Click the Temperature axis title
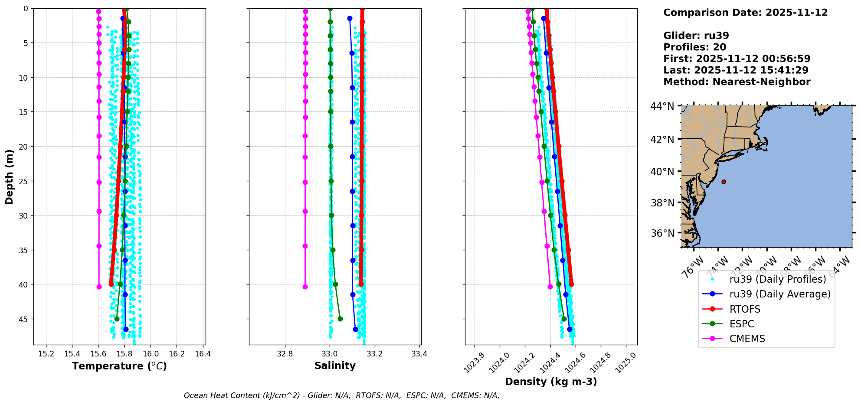coord(119,366)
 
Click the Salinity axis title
coord(335,366)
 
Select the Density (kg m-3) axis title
coord(551,382)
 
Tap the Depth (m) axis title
coord(10,177)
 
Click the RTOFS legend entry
coord(745,309)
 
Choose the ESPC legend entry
coord(742,324)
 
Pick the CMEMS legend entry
coord(747,339)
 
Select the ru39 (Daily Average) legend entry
coord(779,294)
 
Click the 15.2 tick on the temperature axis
coord(46,354)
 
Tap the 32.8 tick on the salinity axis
coord(285,354)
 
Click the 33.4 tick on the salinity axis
coord(419,354)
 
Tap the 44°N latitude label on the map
coord(662,106)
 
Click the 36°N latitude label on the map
coord(662,233)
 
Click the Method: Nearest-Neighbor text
coord(737,82)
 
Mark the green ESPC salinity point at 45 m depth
coord(340,319)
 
